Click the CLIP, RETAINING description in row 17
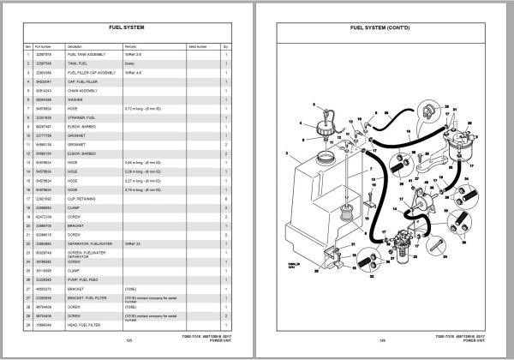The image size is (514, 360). (x=83, y=198)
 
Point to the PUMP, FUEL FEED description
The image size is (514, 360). (x=85, y=278)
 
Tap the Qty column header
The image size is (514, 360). (x=225, y=45)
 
